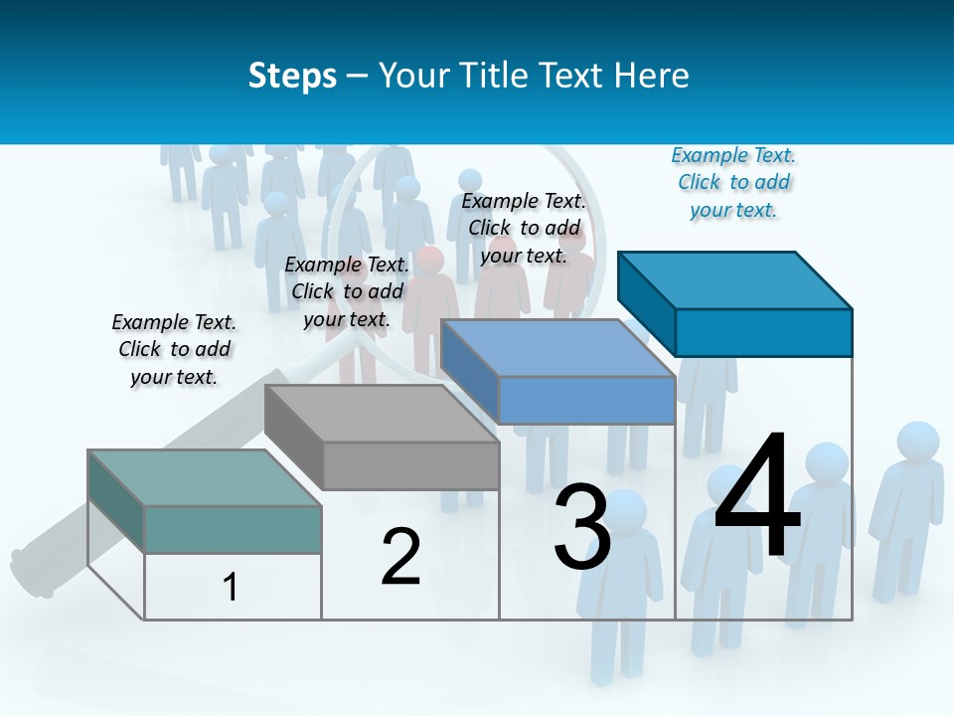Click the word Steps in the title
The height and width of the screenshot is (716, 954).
click(292, 76)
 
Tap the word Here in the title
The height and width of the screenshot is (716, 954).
click(651, 76)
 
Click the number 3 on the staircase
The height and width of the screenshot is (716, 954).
click(582, 527)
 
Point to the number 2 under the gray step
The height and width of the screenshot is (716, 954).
click(400, 557)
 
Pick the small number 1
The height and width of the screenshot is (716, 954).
click(231, 587)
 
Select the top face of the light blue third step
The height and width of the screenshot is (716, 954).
click(556, 348)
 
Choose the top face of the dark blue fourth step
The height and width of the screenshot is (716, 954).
click(733, 279)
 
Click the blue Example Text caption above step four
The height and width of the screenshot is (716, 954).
click(733, 183)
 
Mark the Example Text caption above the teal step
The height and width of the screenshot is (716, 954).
click(174, 350)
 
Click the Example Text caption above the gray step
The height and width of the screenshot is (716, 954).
click(347, 291)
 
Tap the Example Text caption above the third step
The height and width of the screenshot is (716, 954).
click(524, 228)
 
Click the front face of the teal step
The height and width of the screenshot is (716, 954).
click(233, 529)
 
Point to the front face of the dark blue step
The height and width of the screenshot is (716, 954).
click(763, 332)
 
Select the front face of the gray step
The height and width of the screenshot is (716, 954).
click(410, 465)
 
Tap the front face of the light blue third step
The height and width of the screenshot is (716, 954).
click(586, 400)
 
